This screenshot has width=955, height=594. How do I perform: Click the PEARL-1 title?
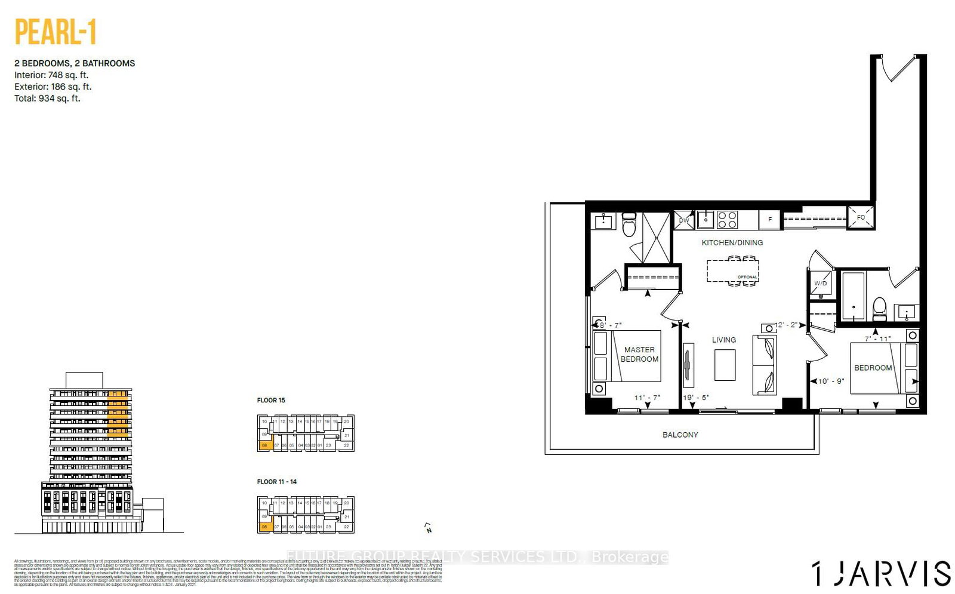pos(56,33)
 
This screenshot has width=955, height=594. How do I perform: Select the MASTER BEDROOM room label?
pos(639,354)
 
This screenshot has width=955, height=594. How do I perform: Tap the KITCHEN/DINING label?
pos(732,242)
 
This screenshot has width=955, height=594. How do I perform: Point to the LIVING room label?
pos(723,340)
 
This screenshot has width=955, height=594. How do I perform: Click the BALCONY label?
pos(680,435)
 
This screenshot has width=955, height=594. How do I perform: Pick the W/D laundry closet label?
pos(821,284)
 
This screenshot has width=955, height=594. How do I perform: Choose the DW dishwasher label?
pos(684,220)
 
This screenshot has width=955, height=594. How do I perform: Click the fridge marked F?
pos(770,220)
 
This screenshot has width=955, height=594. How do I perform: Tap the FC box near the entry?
pos(861,217)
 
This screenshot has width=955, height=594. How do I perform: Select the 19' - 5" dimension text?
pos(696,397)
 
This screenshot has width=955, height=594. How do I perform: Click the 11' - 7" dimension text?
pos(647,397)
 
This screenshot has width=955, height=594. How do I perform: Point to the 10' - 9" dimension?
pos(830,381)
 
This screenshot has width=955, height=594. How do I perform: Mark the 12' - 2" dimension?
pos(786,325)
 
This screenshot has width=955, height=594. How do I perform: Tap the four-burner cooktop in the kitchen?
pos(727,220)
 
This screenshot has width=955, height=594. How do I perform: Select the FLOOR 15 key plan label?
pos(271,400)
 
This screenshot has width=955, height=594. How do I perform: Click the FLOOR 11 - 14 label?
pos(276,482)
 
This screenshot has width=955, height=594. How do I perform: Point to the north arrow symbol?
pos(428,528)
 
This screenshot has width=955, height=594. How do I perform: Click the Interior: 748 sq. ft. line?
pos(51,75)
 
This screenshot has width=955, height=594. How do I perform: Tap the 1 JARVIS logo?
pos(881,573)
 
